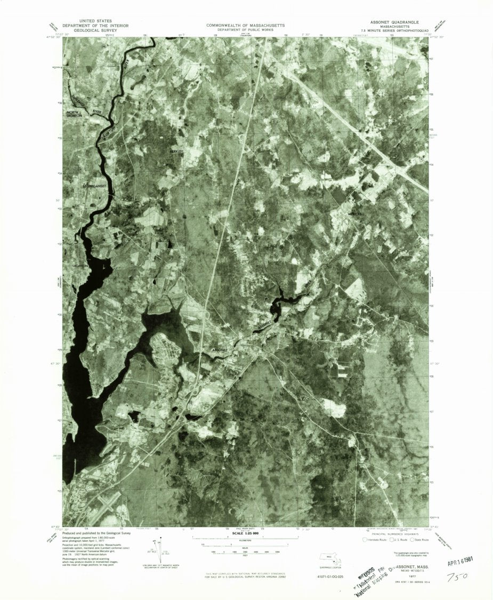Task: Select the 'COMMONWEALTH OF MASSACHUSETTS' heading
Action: tap(245, 25)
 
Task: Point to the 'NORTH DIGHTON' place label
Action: tap(76, 114)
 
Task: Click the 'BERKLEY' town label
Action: tap(176, 152)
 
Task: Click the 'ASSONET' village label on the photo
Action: tap(220, 350)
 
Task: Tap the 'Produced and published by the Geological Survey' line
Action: tap(95, 533)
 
